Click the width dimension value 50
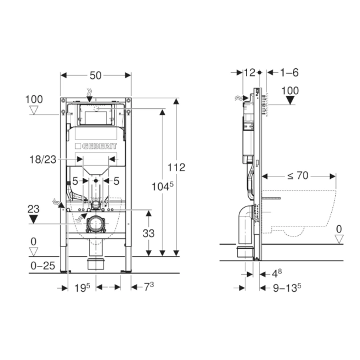click(96, 75)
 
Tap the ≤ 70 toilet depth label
click(299, 175)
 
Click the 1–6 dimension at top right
click(289, 72)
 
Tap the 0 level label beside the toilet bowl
click(338, 229)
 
